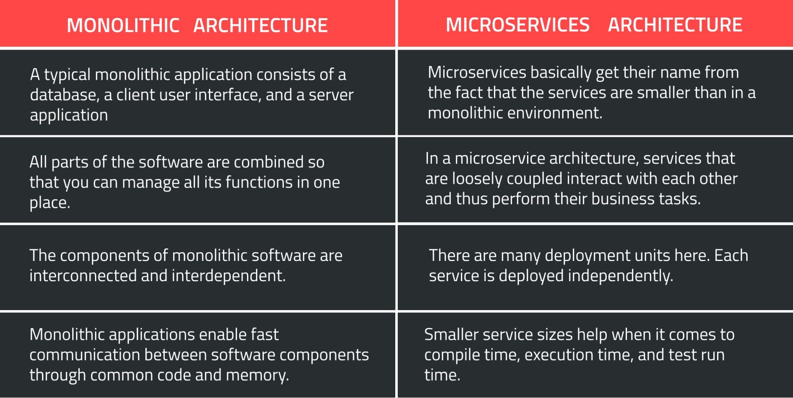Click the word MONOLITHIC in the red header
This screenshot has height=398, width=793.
(x=123, y=26)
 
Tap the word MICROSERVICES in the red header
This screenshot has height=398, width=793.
(x=518, y=25)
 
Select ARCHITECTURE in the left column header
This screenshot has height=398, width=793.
(x=260, y=26)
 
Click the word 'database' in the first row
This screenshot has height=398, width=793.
(x=64, y=95)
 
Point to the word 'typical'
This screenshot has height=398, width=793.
(x=67, y=75)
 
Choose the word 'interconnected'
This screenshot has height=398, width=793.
(x=83, y=276)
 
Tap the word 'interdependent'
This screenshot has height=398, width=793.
(x=228, y=276)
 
